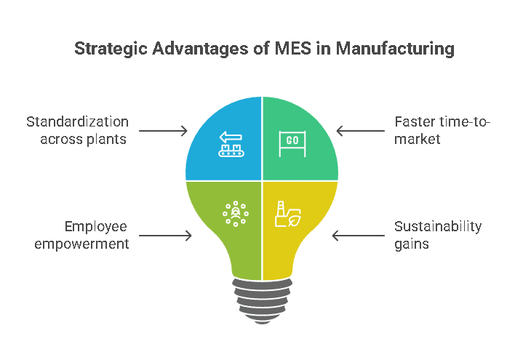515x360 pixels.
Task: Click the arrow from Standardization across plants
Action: click(163, 131)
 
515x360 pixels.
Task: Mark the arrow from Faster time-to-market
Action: click(361, 131)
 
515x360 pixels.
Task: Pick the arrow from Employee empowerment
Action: click(165, 235)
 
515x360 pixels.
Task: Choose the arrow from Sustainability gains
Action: click(358, 235)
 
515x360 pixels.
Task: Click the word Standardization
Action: click(77, 122)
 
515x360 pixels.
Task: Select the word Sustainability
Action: click(438, 226)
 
